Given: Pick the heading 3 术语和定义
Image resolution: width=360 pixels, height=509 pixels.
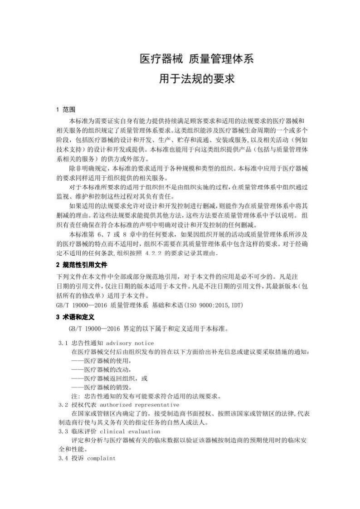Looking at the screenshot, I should [x=75, y=316].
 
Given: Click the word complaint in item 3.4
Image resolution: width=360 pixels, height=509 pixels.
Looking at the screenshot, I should [x=102, y=458].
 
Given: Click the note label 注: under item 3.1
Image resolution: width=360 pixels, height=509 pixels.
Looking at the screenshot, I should [x=75, y=396].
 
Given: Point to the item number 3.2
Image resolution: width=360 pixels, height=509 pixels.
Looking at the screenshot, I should [x=63, y=404].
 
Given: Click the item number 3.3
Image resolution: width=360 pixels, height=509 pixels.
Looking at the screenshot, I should [x=63, y=431].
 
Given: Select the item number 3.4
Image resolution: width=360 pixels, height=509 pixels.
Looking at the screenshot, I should [x=63, y=458].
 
